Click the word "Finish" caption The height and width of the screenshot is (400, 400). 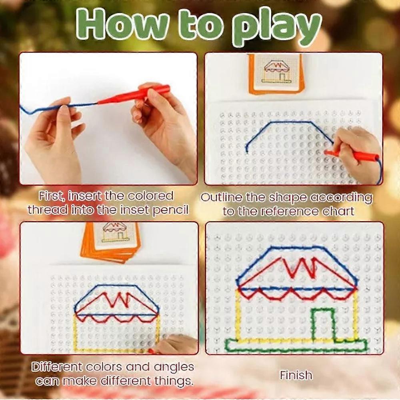click(x=296, y=375)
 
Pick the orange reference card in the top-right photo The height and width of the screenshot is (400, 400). click(x=276, y=74)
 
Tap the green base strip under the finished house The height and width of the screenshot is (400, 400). click(x=296, y=345)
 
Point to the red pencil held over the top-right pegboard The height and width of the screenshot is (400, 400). click(x=352, y=155)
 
